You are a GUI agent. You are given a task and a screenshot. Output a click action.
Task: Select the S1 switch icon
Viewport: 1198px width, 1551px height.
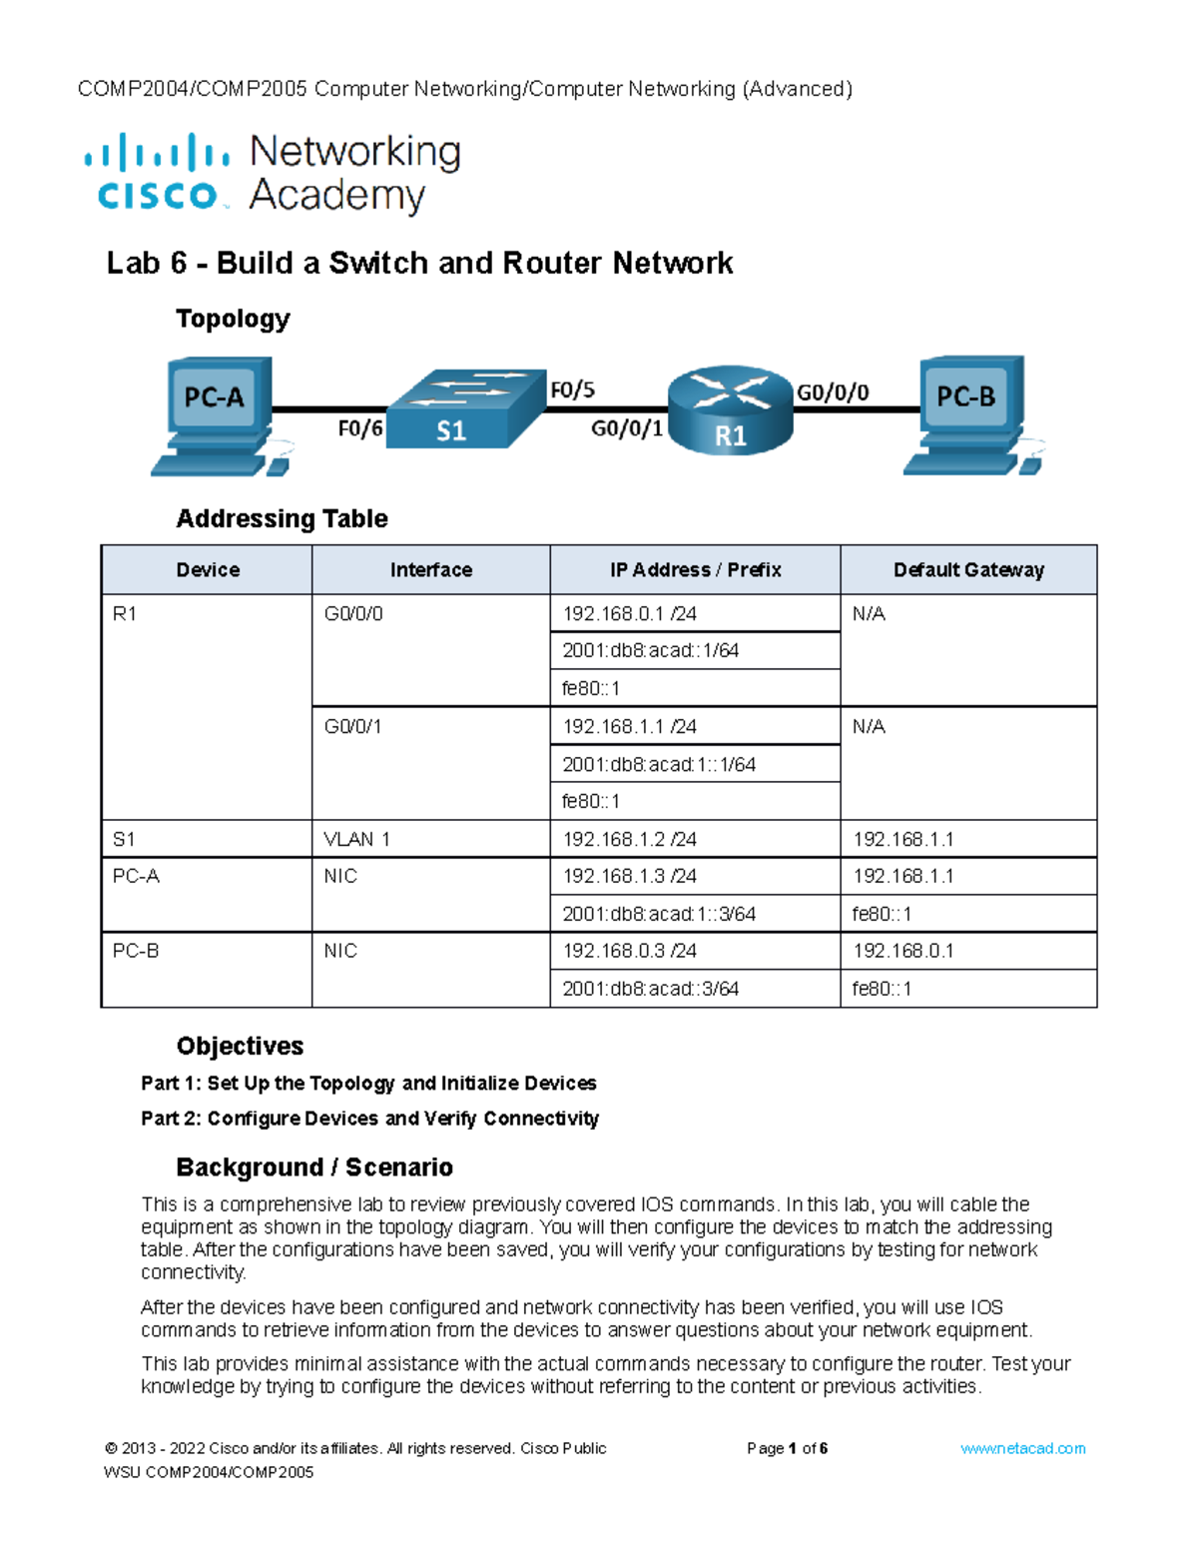[x=464, y=409]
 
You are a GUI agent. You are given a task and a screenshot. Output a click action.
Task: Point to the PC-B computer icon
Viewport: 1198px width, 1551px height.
[x=969, y=413]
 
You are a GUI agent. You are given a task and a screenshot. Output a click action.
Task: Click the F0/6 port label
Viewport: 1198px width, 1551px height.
[x=359, y=429]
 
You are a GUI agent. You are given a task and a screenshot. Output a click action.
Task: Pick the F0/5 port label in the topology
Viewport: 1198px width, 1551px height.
[x=573, y=390]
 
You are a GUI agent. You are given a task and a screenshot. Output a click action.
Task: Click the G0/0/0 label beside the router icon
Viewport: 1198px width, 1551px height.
[x=832, y=392]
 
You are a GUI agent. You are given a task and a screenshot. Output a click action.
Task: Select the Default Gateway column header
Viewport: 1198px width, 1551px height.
[x=968, y=570]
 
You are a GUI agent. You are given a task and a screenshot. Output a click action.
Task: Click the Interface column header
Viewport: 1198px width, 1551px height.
[x=430, y=570]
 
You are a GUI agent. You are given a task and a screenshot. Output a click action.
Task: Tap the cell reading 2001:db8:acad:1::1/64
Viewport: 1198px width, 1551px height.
[x=659, y=764]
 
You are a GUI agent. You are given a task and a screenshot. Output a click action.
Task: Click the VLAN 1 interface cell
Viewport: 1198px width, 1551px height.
[x=356, y=839]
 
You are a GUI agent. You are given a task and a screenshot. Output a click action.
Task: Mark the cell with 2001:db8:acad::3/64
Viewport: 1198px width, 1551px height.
[x=650, y=989]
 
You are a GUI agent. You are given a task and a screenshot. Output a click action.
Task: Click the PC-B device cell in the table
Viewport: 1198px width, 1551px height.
[x=136, y=951]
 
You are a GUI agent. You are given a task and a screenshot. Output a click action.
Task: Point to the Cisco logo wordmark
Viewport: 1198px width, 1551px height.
[x=158, y=194]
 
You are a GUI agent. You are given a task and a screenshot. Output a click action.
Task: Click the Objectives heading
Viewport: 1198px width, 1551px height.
[x=240, y=1046]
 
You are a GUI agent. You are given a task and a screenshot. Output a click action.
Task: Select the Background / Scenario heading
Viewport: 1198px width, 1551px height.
[x=314, y=1167]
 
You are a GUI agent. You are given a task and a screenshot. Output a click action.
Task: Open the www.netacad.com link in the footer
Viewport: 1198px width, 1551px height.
[x=1022, y=1448]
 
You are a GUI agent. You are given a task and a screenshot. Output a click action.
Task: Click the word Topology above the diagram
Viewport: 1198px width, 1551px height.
[x=233, y=319]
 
